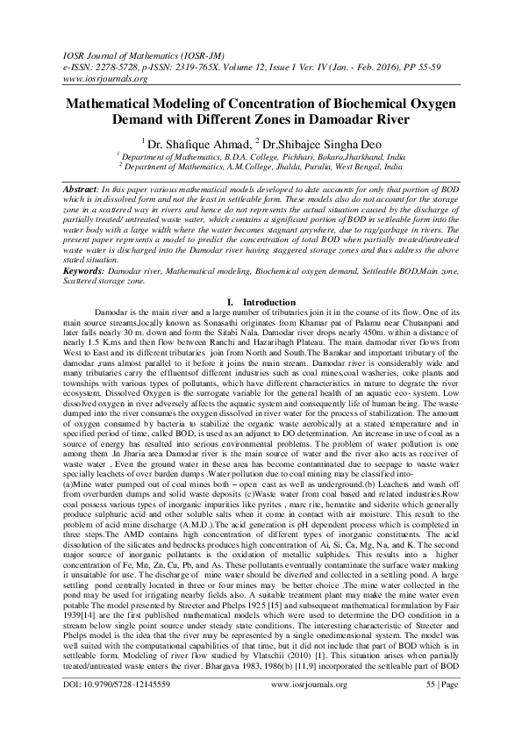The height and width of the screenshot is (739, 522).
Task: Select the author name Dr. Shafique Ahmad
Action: [195, 142]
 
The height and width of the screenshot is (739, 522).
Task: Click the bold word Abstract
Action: [84, 190]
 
